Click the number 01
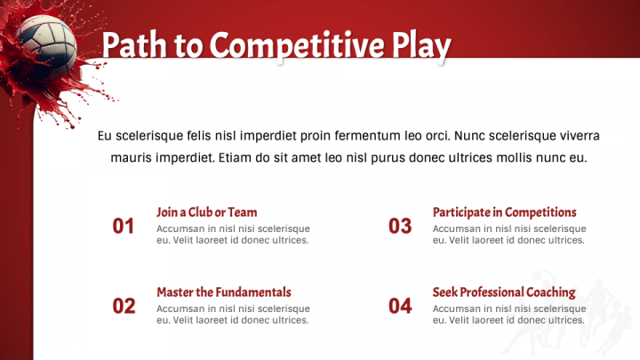tap(124, 227)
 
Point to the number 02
tap(124, 307)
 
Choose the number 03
tap(400, 227)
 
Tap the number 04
tap(400, 307)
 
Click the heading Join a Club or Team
tap(206, 212)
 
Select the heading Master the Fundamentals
tap(223, 292)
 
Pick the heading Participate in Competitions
tap(504, 212)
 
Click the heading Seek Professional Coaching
tap(503, 292)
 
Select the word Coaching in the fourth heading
tap(547, 292)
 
